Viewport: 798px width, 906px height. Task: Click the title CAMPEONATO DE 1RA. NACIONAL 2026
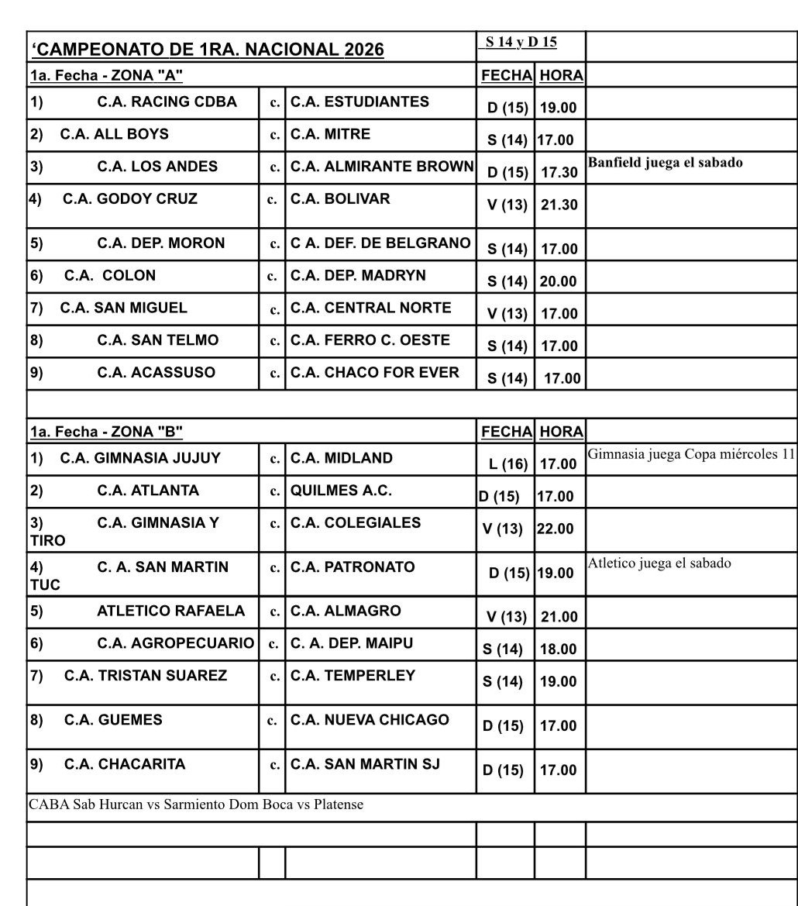tap(208, 50)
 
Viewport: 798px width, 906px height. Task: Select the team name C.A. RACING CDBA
tap(167, 102)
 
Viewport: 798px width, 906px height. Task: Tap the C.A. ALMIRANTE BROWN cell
tap(381, 167)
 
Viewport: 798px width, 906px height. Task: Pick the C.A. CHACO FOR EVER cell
tap(375, 373)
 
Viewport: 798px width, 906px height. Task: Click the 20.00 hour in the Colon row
tap(559, 281)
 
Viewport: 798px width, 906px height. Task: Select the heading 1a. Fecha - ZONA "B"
tap(106, 431)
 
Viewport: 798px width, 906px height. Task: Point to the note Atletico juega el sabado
tap(659, 563)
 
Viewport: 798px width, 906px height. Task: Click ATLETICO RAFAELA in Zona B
tap(170, 611)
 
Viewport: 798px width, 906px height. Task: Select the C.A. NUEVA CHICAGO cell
tap(370, 720)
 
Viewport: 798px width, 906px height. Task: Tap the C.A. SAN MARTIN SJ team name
tap(365, 764)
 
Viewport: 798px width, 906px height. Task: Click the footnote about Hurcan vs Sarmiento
tap(196, 805)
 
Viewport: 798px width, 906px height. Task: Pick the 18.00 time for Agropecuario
tap(559, 649)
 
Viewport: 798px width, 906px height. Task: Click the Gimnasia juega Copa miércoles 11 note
tap(692, 454)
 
